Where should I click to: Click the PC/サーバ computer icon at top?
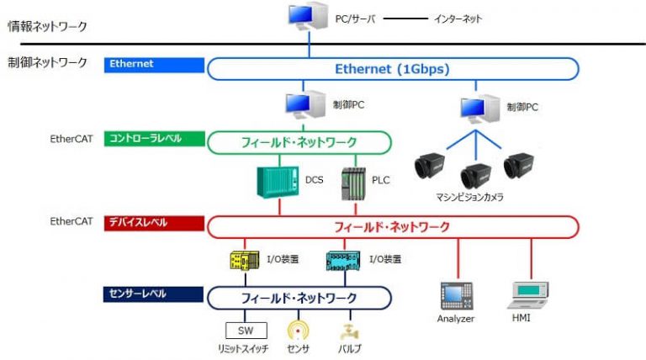(x=306, y=17)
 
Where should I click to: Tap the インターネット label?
(x=458, y=18)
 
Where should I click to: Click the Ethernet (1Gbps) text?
(x=392, y=68)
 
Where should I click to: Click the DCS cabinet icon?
(x=278, y=181)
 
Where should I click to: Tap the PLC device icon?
(x=353, y=183)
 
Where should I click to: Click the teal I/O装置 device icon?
(x=342, y=261)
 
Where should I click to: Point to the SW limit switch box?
(x=246, y=331)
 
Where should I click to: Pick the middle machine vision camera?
(x=477, y=175)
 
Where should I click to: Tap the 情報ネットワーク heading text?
(x=47, y=26)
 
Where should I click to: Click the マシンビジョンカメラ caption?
(x=475, y=198)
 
